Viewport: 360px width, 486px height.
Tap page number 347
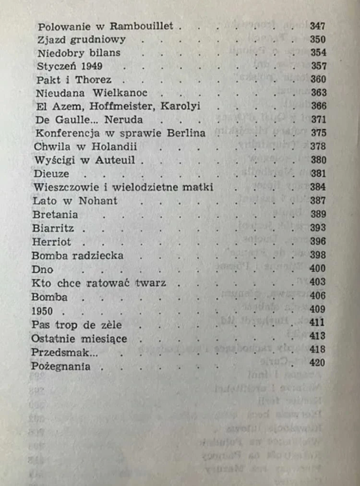[318, 26]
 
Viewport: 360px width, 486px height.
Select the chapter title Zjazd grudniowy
[82, 39]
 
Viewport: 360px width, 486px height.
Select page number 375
[318, 133]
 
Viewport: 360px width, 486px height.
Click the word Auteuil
[118, 160]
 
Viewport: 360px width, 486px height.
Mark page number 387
[318, 200]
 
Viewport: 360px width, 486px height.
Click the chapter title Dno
[42, 269]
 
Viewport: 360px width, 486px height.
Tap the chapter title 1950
[42, 311]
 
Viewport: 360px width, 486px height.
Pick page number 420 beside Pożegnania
[317, 363]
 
